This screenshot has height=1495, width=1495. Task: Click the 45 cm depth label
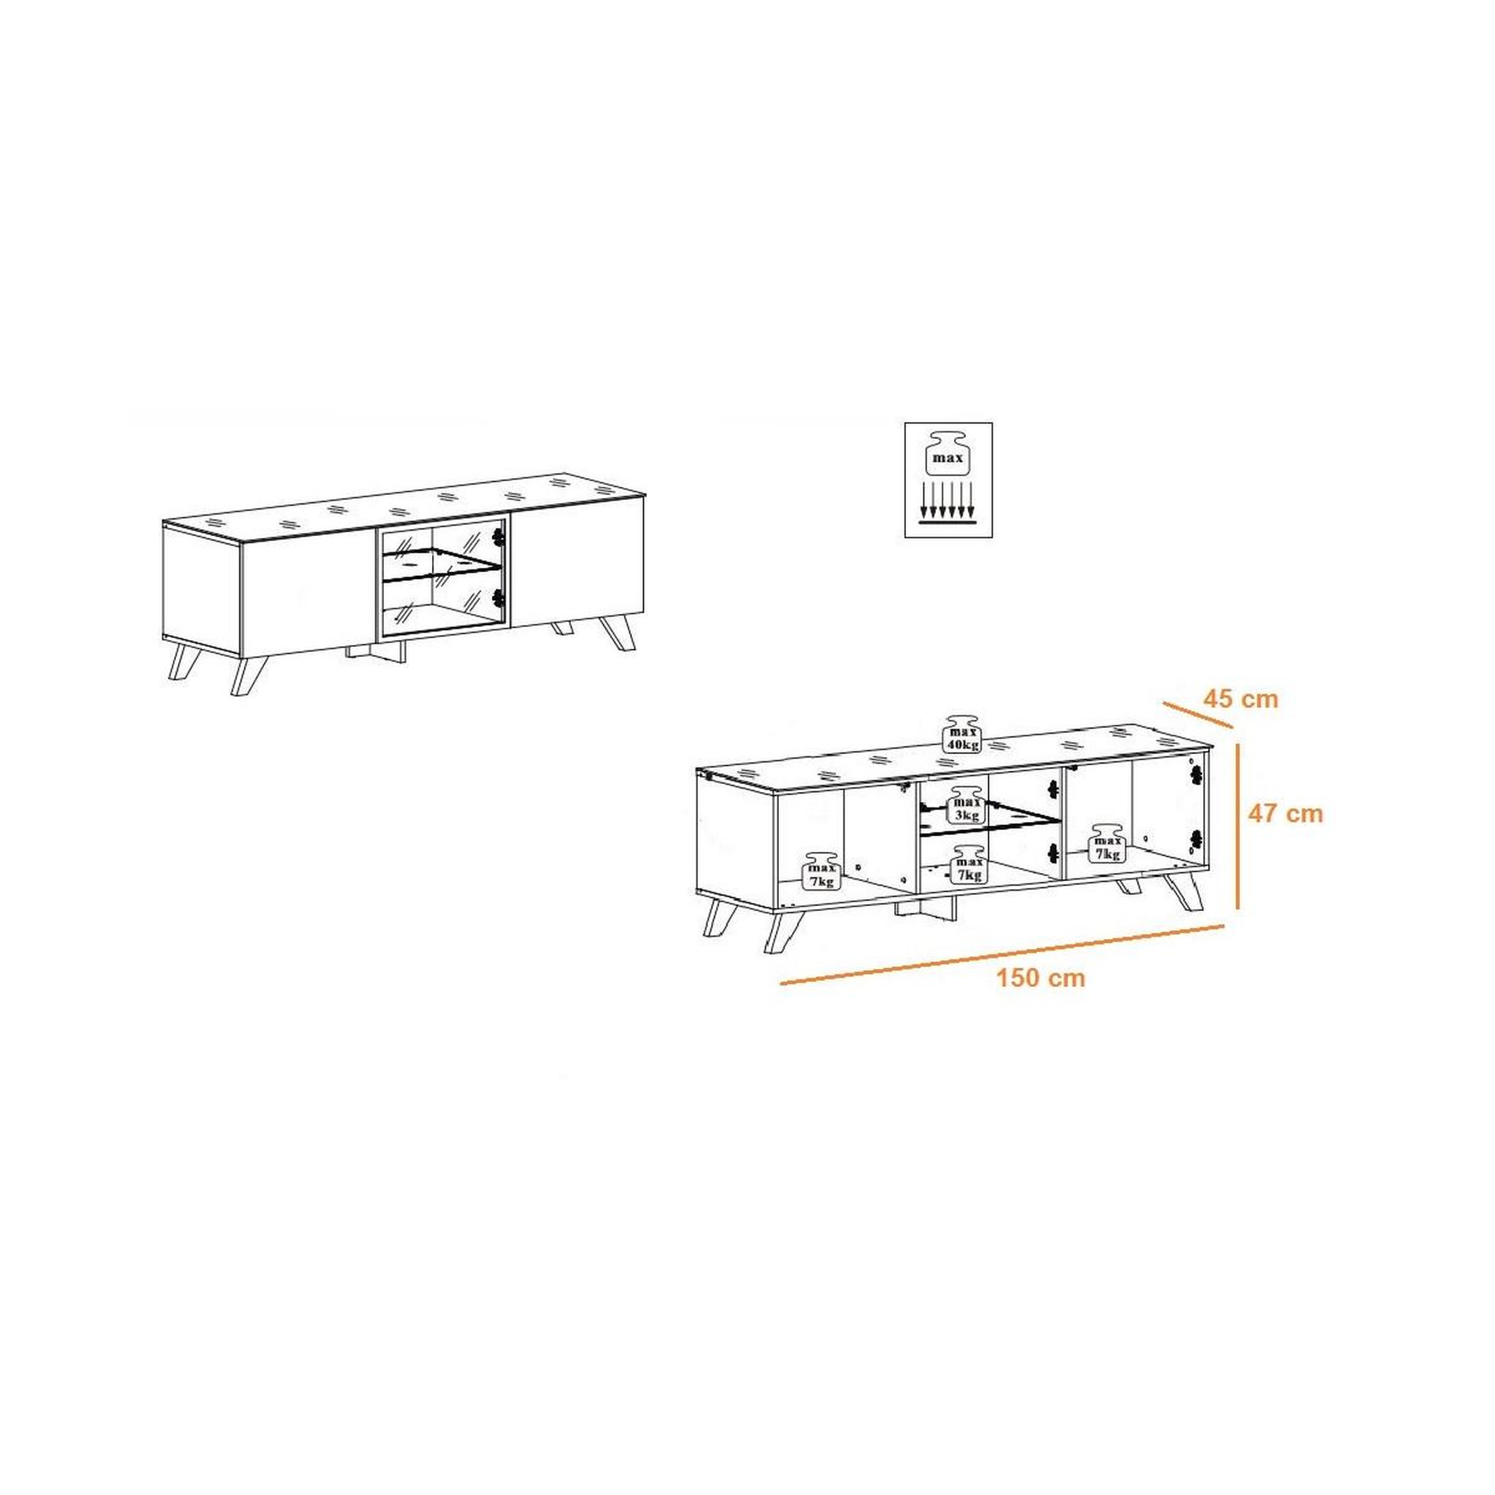click(1240, 699)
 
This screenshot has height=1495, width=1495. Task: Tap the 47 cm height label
click(1285, 813)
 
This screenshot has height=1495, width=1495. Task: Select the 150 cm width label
click(1041, 978)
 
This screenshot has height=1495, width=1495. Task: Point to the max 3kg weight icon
click(967, 806)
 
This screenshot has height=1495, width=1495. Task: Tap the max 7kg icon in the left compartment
click(822, 872)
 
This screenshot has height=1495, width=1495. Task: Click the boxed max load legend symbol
click(948, 480)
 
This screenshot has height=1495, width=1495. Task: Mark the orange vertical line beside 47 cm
click(1239, 825)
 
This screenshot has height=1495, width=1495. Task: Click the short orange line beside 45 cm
click(1197, 714)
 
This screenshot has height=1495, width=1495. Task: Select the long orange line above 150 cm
click(1002, 953)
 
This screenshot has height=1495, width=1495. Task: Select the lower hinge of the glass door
click(498, 597)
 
